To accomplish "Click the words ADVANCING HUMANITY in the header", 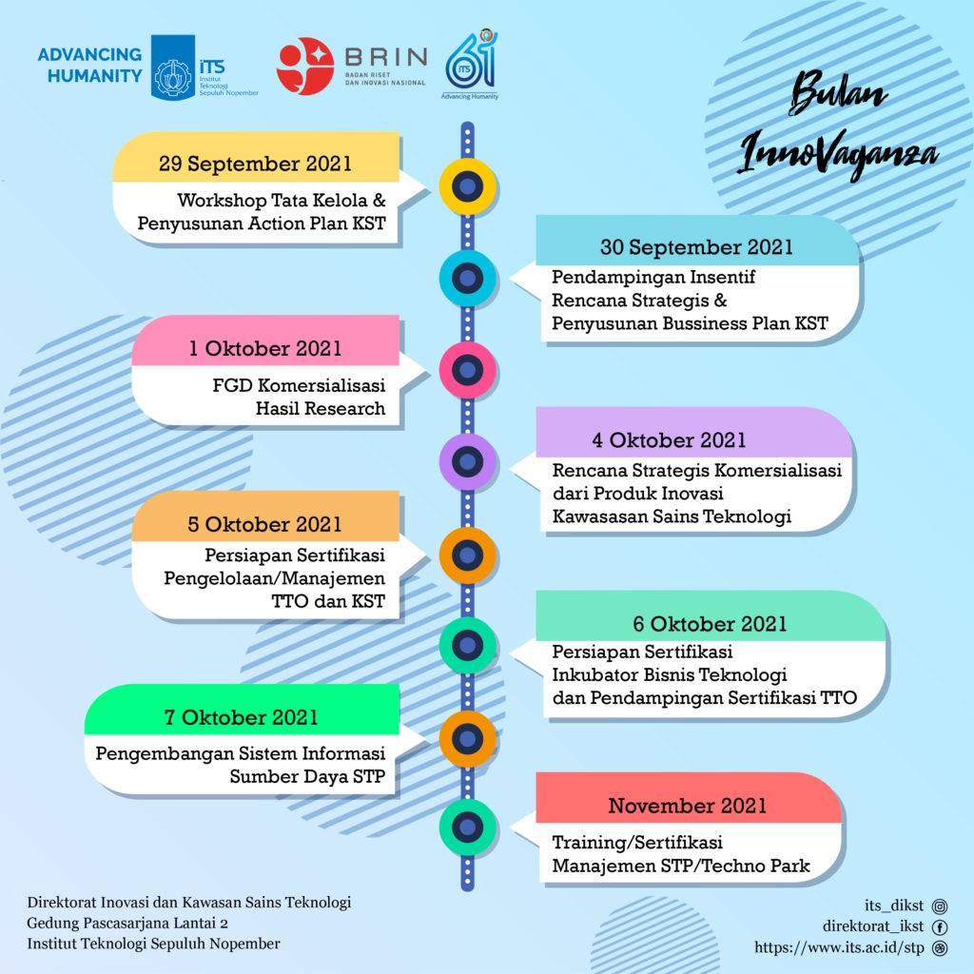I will click(x=90, y=65).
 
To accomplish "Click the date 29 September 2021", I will click(x=255, y=163).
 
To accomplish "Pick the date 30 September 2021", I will click(x=697, y=247).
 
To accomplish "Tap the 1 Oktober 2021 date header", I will click(x=265, y=348).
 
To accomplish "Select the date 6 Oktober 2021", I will click(x=710, y=624).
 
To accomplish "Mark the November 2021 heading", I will click(x=688, y=807).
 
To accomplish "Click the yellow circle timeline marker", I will click(x=467, y=186).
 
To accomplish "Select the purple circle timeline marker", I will click(x=467, y=462).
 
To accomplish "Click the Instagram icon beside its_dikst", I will click(x=940, y=906).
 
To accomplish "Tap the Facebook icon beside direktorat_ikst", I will click(x=940, y=927).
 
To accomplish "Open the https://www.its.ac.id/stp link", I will click(x=840, y=947).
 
